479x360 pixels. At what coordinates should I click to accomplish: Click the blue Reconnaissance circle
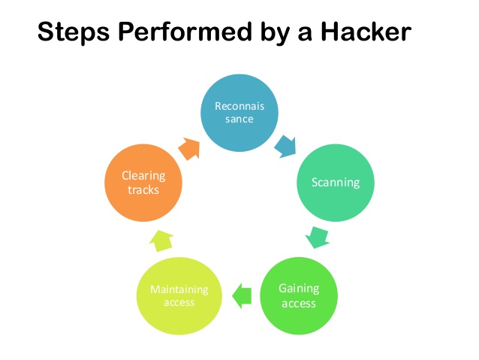(x=239, y=112)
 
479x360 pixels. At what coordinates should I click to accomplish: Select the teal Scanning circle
(x=335, y=182)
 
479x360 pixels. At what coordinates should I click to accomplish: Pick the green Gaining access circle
(x=298, y=296)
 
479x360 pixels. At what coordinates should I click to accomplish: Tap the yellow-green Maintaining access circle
(x=179, y=296)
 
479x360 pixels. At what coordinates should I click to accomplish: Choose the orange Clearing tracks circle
(x=143, y=183)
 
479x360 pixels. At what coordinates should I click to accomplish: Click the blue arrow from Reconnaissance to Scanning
(x=285, y=145)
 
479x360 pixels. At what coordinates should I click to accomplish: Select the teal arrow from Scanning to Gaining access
(x=318, y=237)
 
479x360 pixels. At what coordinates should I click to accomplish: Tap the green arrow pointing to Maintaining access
(x=241, y=295)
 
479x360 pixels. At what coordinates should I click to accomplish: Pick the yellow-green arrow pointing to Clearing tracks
(x=161, y=239)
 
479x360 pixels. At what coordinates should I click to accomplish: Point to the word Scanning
(x=336, y=182)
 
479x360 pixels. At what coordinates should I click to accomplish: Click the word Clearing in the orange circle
(x=143, y=176)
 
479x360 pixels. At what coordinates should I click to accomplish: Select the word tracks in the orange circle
(x=143, y=189)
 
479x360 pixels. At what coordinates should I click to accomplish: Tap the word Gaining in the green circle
(x=299, y=289)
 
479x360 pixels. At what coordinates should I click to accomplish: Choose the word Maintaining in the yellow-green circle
(x=179, y=289)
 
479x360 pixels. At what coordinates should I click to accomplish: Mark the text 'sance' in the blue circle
(x=239, y=119)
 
